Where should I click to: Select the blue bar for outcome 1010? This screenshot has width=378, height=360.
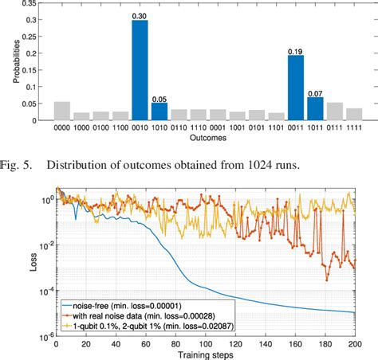pyautogui.click(x=159, y=112)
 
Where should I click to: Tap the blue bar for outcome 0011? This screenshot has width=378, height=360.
pyautogui.click(x=296, y=88)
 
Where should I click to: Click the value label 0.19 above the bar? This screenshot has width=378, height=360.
pyautogui.click(x=296, y=50)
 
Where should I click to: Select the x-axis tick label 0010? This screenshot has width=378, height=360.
pyautogui.click(x=140, y=127)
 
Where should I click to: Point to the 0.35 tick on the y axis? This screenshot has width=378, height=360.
pyautogui.click(x=37, y=4)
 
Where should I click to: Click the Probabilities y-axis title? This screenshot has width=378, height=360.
pyautogui.click(x=11, y=62)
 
